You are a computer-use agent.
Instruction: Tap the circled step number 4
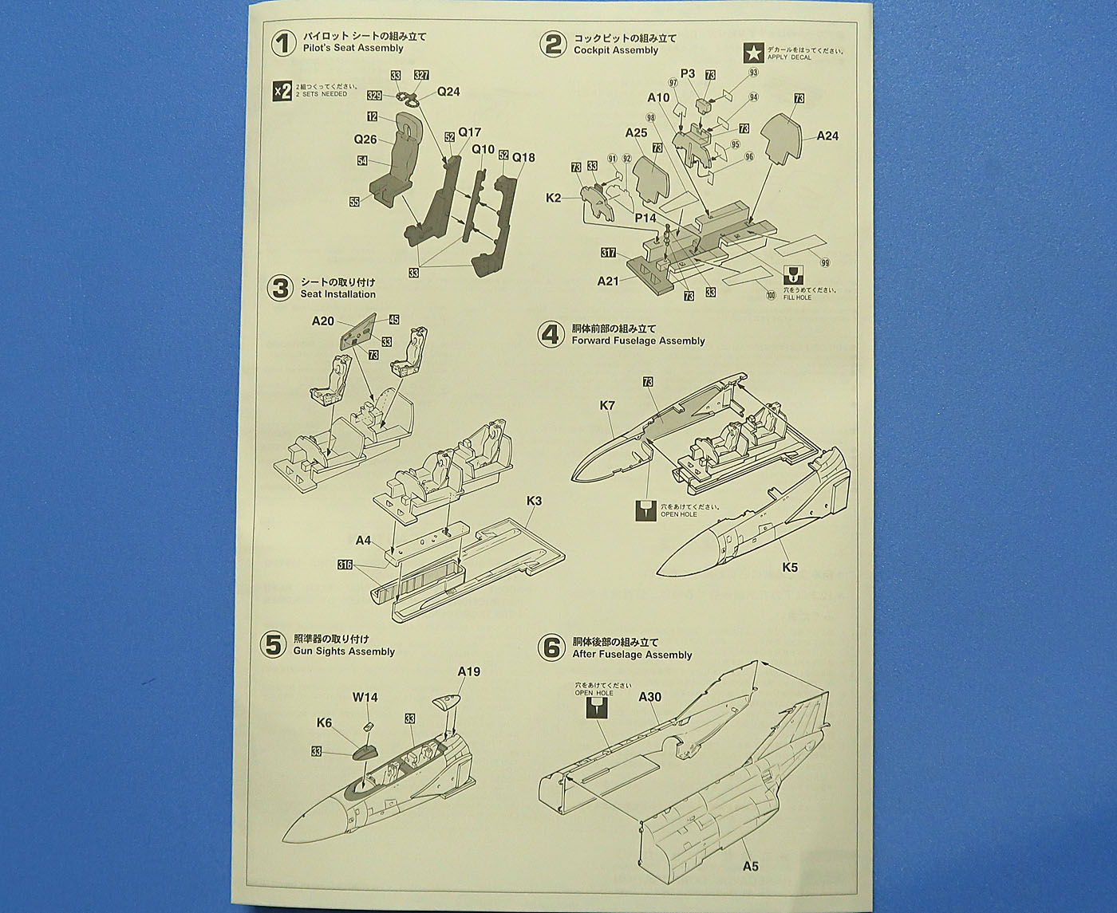(550, 334)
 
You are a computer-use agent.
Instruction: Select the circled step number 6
(551, 647)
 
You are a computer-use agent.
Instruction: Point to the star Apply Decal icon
(752, 52)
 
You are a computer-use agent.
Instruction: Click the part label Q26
(365, 140)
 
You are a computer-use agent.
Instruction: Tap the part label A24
(827, 136)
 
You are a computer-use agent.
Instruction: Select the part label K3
(534, 502)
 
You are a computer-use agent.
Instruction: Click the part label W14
(365, 697)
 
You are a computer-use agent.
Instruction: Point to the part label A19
(468, 671)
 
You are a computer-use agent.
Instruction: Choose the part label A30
(650, 696)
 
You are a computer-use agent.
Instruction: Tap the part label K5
(789, 568)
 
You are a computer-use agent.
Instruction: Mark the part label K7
(607, 406)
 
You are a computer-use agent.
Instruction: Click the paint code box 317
(609, 253)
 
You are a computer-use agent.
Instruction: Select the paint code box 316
(345, 565)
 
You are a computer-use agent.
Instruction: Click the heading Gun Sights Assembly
(344, 651)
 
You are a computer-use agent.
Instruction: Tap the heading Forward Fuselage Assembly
(637, 340)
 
